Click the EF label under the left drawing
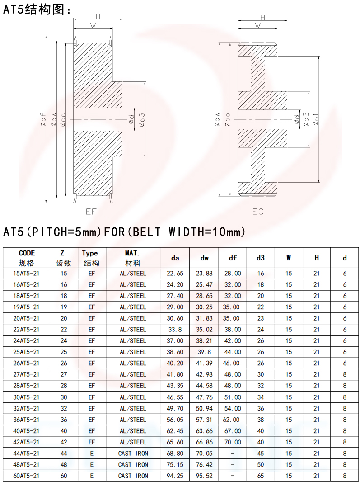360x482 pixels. (x=91, y=212)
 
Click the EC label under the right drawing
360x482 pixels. (x=258, y=212)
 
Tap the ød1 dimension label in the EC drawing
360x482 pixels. (x=316, y=119)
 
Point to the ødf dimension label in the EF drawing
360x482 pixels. (x=44, y=119)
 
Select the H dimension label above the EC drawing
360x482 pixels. (x=262, y=18)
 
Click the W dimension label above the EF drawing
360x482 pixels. (x=93, y=26)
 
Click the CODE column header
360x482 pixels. (x=27, y=253)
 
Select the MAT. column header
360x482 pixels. (x=133, y=253)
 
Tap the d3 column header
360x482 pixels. (x=261, y=258)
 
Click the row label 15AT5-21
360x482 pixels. (x=26, y=273)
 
